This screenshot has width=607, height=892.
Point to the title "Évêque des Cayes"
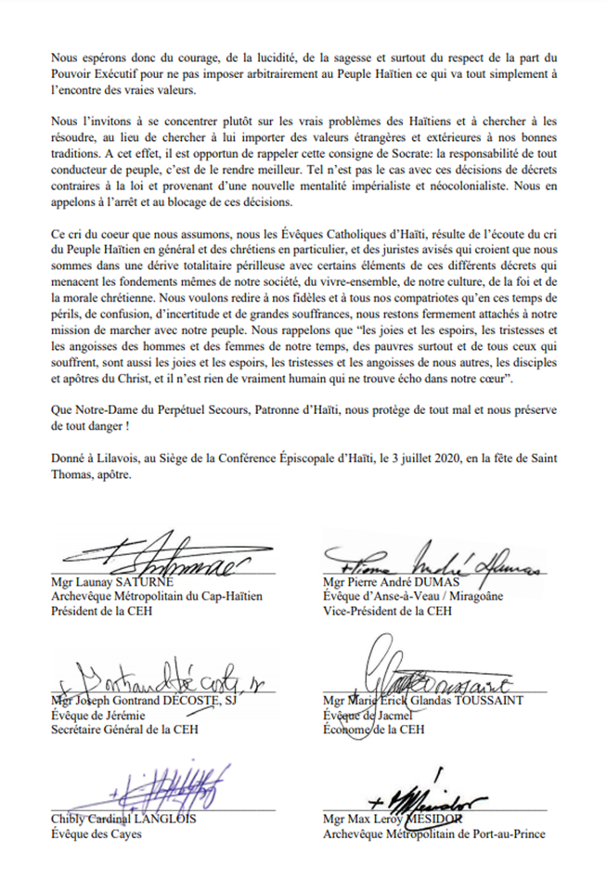point(90,834)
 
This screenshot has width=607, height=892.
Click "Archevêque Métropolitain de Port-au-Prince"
point(434,834)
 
